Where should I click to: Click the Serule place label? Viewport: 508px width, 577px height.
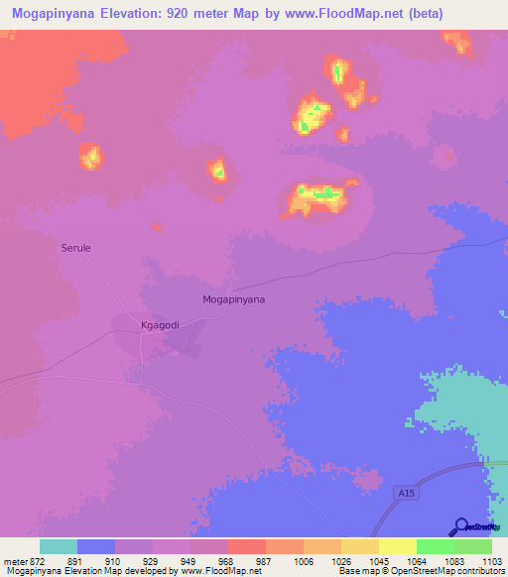click(75, 248)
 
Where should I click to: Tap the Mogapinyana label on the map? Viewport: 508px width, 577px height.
click(234, 297)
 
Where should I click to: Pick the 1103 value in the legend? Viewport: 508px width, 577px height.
click(492, 560)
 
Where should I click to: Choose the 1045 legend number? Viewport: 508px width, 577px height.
click(378, 560)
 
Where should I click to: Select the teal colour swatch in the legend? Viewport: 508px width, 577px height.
click(58, 546)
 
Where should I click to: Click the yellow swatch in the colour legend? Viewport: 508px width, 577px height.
click(397, 546)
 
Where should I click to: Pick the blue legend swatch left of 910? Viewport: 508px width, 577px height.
click(95, 546)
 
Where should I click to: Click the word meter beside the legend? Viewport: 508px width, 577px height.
click(15, 560)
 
